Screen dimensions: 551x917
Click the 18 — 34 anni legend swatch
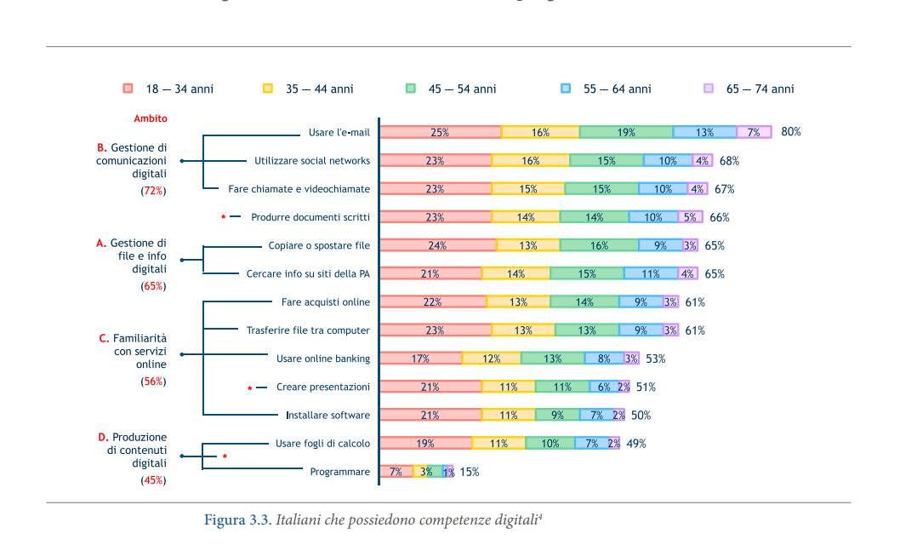tap(128, 89)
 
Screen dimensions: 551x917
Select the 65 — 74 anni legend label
tap(760, 89)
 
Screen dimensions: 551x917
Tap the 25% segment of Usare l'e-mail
tap(440, 132)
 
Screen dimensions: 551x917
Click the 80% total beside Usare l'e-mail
tap(791, 132)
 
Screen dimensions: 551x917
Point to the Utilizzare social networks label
tap(312, 160)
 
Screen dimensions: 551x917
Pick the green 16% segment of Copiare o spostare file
tap(599, 245)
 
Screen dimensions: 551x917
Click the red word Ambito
tap(151, 118)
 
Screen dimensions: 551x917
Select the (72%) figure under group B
tap(153, 191)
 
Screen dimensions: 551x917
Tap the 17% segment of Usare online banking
tap(420, 359)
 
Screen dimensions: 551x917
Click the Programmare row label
tap(339, 472)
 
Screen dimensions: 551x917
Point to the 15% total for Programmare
tap(470, 472)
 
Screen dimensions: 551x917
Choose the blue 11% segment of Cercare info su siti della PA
tap(650, 273)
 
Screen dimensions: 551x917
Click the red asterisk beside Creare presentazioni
tap(250, 388)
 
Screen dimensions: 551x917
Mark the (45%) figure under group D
tap(153, 480)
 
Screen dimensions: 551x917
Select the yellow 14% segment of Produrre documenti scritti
tap(526, 217)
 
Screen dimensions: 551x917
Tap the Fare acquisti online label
tap(326, 302)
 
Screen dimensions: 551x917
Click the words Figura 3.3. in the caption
tap(237, 520)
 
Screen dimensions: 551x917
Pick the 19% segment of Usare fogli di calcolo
tap(425, 443)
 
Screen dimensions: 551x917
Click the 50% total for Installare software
tap(641, 415)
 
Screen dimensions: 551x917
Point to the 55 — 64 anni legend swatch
tap(566, 89)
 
